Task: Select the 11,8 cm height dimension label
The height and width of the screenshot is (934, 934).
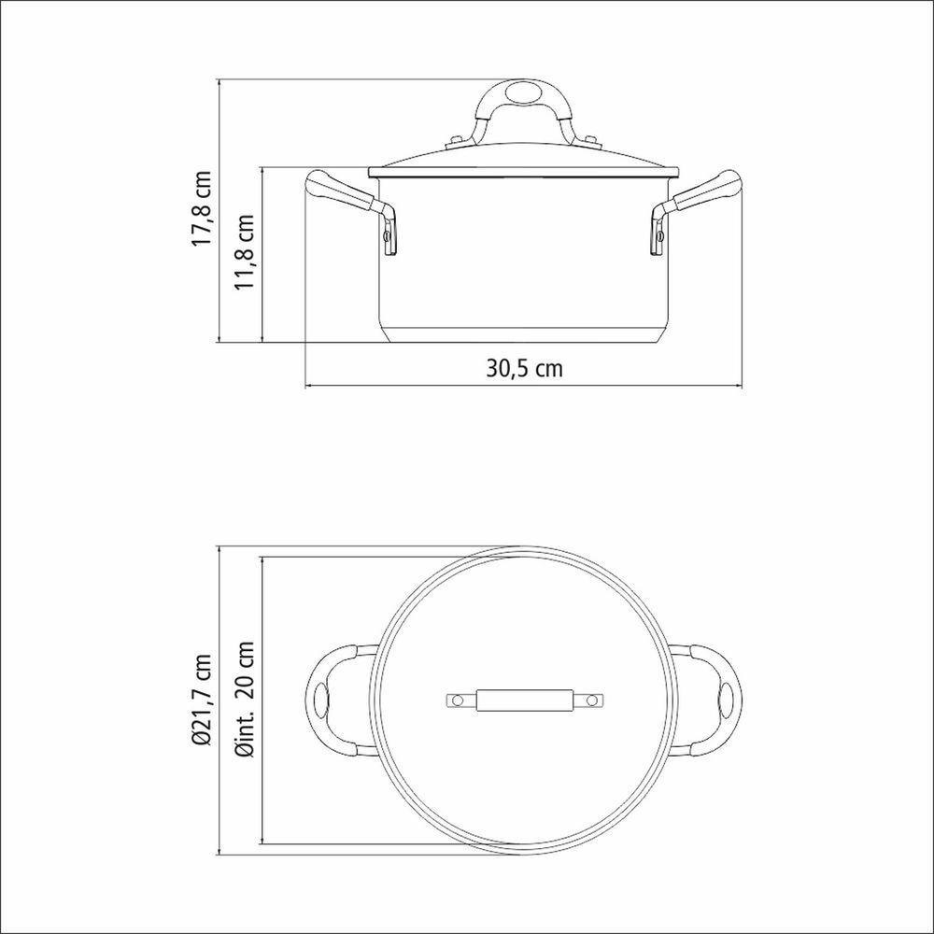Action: click(x=246, y=253)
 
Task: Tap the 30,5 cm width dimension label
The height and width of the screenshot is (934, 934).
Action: click(x=524, y=367)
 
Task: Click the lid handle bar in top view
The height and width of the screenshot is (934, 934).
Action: click(x=523, y=700)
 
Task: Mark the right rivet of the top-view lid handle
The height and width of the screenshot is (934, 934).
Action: click(x=591, y=700)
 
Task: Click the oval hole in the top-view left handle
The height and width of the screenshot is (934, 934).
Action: click(x=323, y=699)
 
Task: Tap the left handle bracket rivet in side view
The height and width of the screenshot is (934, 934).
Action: click(x=387, y=237)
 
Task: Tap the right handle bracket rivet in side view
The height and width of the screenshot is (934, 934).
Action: click(x=659, y=237)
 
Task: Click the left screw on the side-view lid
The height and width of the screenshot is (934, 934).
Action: click(x=456, y=142)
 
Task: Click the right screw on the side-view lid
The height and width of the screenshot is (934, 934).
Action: click(x=591, y=142)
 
